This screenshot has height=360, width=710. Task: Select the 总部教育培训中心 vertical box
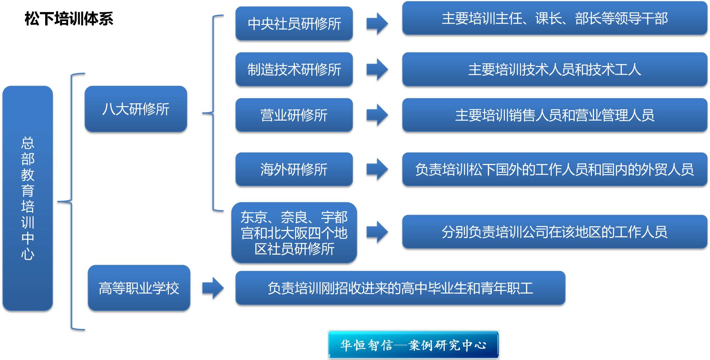[27, 198]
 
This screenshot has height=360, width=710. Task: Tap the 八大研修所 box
[136, 109]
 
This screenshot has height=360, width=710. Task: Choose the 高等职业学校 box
[139, 288]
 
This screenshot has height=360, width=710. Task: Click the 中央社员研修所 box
[294, 24]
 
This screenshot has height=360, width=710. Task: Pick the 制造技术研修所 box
[294, 69]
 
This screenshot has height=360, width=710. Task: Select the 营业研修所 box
[294, 115]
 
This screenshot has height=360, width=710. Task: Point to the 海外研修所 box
[294, 169]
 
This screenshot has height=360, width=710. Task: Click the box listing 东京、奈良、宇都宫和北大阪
[294, 233]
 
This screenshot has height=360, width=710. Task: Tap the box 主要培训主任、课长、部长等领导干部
[555, 18]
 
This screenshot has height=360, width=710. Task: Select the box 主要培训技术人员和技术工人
[555, 69]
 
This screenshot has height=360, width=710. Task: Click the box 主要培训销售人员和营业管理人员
[555, 115]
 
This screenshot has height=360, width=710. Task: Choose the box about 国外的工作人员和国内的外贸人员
[555, 169]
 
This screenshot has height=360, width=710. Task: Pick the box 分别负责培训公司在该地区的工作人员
[555, 232]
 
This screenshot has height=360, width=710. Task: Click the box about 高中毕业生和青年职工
[400, 288]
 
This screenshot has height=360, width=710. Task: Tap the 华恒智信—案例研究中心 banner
[414, 345]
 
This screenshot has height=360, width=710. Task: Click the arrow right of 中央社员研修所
[377, 24]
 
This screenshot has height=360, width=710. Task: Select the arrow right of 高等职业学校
[213, 288]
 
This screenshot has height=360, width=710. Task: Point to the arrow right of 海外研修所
[377, 169]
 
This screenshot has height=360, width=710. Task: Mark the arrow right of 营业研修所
[377, 115]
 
